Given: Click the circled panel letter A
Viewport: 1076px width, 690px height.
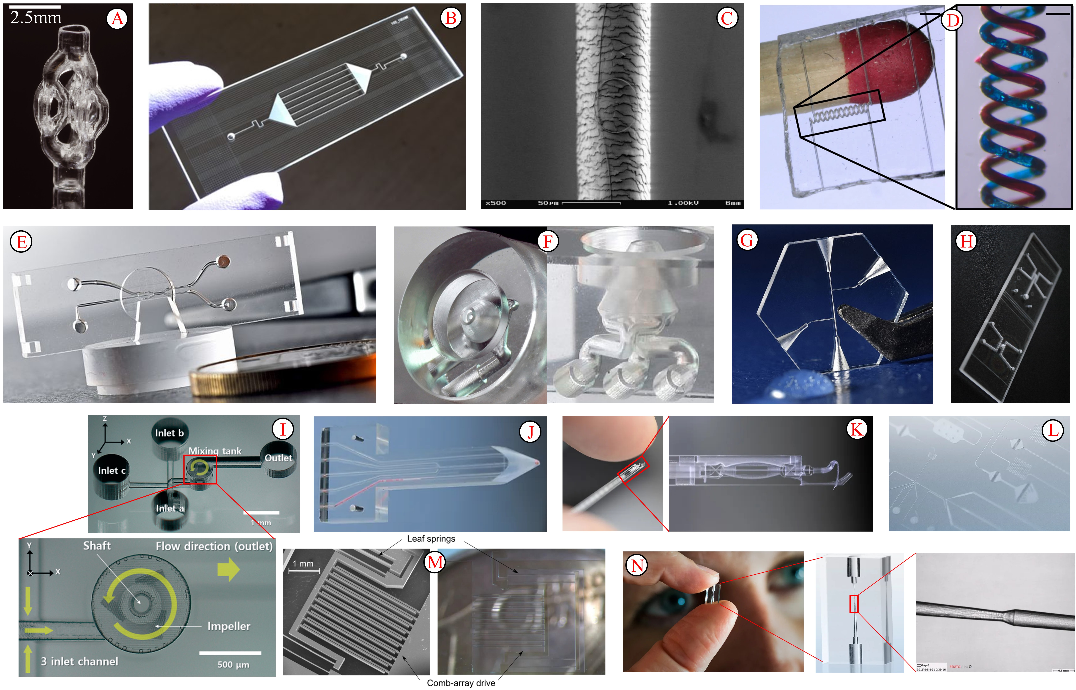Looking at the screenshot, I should pos(117,19).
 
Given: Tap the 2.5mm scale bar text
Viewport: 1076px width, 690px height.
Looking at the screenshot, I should pos(36,18).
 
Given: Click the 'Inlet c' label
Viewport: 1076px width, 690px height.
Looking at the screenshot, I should pos(112,470).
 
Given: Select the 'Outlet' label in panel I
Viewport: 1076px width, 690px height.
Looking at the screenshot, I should pos(278,458).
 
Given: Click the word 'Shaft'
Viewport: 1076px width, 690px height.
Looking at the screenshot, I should pos(97,546).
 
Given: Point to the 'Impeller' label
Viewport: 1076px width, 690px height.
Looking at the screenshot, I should pos(229,626).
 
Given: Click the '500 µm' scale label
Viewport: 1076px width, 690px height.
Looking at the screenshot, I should pos(233,664).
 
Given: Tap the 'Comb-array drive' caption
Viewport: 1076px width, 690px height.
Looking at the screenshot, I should pos(461,683).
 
